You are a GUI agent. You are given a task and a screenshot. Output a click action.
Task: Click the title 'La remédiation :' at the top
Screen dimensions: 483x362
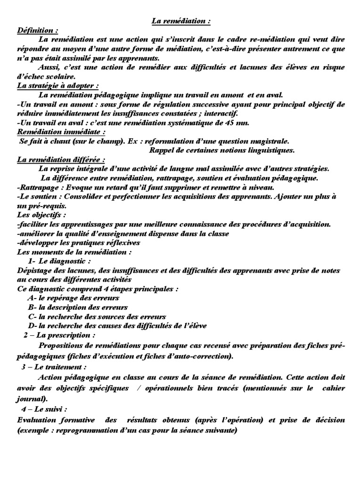tap(181, 21)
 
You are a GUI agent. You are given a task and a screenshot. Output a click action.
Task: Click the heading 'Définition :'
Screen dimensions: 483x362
tap(38, 30)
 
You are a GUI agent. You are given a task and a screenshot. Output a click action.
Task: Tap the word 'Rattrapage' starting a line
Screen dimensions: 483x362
tap(36, 187)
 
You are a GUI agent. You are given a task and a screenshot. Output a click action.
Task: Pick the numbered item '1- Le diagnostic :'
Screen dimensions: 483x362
tap(59, 261)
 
